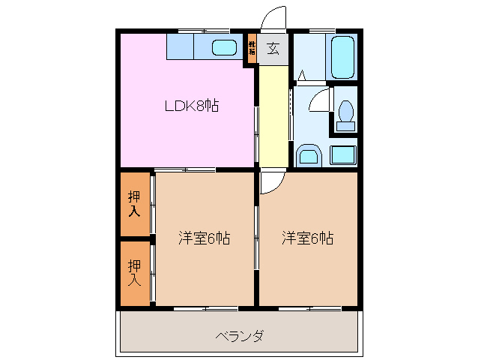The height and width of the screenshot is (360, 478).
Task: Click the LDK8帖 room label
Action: pyautogui.click(x=191, y=106)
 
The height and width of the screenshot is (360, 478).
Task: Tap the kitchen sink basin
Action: pyautogui.click(x=224, y=48)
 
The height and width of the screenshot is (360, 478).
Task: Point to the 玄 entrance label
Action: pyautogui.click(x=273, y=49)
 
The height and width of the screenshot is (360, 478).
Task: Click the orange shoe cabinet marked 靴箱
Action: pyautogui.click(x=252, y=49)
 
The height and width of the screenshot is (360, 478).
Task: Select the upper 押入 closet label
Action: pyautogui.click(x=134, y=204)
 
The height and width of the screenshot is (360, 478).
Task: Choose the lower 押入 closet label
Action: pyautogui.click(x=134, y=272)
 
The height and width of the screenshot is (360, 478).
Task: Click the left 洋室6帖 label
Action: pyautogui.click(x=203, y=238)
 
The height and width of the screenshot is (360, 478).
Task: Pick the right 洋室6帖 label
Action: pyautogui.click(x=307, y=238)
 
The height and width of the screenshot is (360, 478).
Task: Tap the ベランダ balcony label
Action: pyautogui.click(x=238, y=335)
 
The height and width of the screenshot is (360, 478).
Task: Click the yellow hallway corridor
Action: pyautogui.click(x=273, y=116)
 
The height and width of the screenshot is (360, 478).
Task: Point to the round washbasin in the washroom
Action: pyautogui.click(x=308, y=157)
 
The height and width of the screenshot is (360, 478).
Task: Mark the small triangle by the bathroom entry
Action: pyautogui.click(x=301, y=74)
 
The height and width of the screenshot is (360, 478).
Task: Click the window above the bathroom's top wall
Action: pyautogui.click(x=322, y=30)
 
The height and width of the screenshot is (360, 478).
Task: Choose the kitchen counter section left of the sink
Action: pyautogui.click(x=181, y=47)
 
